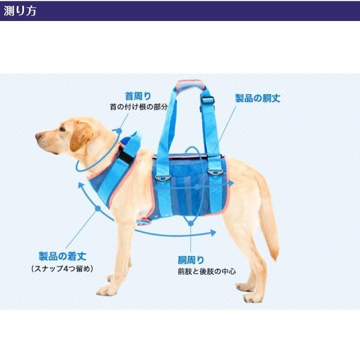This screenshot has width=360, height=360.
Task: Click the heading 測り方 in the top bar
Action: point(20,11)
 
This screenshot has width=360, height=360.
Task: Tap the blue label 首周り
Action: point(138,95)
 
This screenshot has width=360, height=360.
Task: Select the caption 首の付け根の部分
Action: point(138,106)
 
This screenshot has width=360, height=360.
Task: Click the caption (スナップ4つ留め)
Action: point(62,268)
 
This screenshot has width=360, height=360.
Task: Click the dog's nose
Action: point(38,136)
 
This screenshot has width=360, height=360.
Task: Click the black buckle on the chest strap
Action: point(125,156)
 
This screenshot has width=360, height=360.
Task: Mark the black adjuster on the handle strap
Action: point(208,100)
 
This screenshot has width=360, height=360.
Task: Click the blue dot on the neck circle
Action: point(119,130)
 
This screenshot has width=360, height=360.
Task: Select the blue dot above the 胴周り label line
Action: point(191,223)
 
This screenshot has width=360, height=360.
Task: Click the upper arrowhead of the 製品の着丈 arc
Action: point(82,184)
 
